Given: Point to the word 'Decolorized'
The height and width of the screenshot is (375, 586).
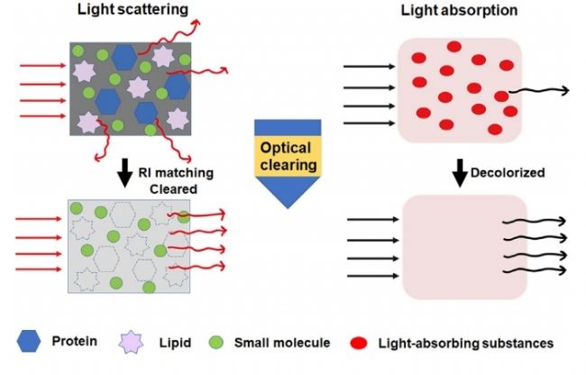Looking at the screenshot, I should click(505, 170).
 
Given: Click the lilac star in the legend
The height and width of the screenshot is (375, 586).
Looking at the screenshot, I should click(142, 342).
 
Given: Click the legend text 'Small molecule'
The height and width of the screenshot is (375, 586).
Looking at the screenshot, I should click(279, 343).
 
